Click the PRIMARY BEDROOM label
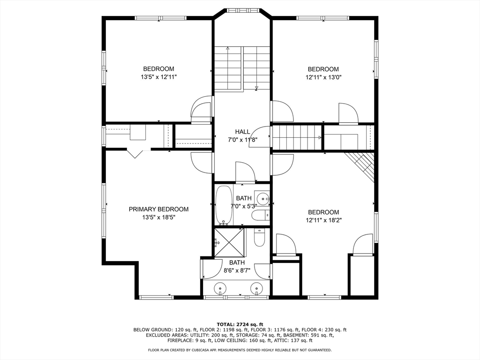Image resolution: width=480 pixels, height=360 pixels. (158, 210)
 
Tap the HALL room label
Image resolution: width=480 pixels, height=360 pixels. (242, 132)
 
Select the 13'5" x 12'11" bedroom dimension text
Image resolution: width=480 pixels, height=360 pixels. (159, 77)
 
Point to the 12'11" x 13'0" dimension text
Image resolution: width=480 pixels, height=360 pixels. (323, 77)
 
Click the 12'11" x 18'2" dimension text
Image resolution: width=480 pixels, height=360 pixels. (323, 220)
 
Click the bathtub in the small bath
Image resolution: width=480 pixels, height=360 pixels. (224, 205)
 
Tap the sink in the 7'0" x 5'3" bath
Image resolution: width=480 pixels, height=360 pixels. (262, 199)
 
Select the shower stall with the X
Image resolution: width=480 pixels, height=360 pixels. (230, 242)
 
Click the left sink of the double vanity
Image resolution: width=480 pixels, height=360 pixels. (220, 288)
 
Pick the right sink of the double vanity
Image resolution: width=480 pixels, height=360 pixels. (256, 288)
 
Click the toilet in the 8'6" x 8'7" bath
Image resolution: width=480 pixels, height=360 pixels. (259, 238)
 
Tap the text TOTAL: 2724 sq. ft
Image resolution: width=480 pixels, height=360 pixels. (240, 324)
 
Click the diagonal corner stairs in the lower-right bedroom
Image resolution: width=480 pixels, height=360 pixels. (362, 166)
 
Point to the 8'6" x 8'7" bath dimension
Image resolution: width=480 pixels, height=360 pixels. (237, 270)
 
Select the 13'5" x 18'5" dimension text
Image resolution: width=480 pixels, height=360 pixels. (158, 217)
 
